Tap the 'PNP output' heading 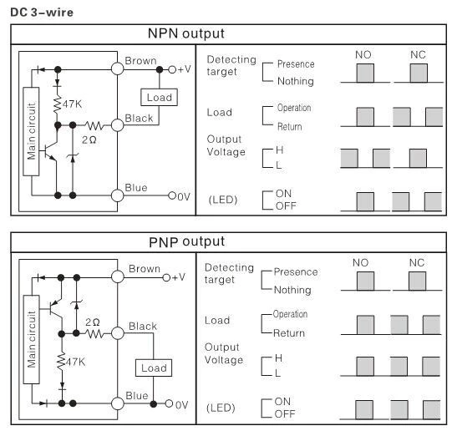point(185,242)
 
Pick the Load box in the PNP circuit point(154,368)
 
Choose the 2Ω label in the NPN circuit point(89,138)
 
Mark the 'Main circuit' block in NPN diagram point(32,132)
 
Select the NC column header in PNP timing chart point(417,262)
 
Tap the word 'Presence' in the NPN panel point(297,63)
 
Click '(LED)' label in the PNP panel point(221,408)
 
